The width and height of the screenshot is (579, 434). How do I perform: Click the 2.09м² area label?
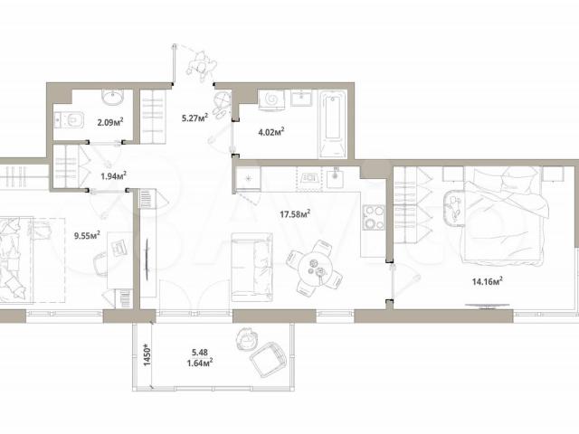(110, 121)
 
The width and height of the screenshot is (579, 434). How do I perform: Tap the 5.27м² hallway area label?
(195, 118)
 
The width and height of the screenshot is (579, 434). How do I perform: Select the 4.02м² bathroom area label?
(271, 131)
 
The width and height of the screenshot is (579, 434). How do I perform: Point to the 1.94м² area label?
(114, 175)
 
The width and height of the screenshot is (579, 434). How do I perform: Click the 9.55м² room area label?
(87, 235)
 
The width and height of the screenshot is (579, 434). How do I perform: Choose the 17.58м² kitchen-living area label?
(295, 213)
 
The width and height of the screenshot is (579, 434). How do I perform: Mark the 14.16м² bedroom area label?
(488, 281)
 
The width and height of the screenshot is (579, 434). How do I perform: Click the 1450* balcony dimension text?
(147, 354)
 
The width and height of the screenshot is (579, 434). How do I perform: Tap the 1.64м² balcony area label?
(199, 363)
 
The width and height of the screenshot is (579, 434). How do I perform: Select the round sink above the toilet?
(112, 98)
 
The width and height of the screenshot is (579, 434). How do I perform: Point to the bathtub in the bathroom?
(333, 125)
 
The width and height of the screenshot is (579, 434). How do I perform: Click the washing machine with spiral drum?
(271, 99)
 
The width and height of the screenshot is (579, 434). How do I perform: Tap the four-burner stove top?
(374, 217)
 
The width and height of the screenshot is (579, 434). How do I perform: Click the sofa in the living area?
(252, 268)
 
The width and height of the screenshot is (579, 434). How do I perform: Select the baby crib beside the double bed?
(454, 208)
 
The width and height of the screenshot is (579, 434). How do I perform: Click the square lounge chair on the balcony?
(269, 360)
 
